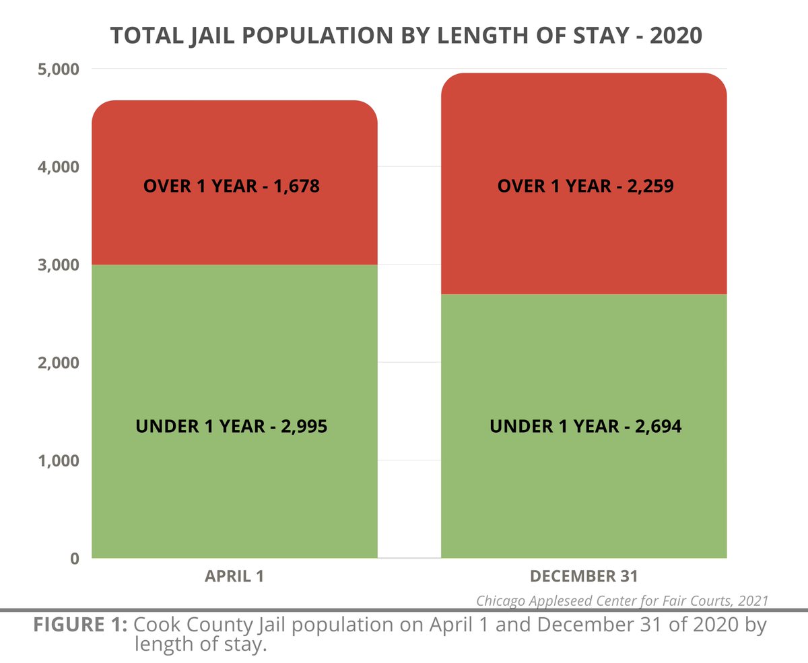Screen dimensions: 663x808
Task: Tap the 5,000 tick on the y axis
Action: [x=56, y=69]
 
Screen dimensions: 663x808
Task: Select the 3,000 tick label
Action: [x=56, y=265]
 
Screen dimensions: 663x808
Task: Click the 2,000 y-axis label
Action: [x=56, y=362]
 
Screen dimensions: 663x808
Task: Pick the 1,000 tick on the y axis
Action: [x=56, y=460]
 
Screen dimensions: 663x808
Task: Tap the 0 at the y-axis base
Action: [x=74, y=558]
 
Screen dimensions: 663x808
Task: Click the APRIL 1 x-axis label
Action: [x=234, y=577]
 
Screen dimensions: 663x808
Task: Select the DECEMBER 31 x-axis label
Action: [x=584, y=577]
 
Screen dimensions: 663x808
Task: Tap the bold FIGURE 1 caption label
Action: [x=81, y=624]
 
